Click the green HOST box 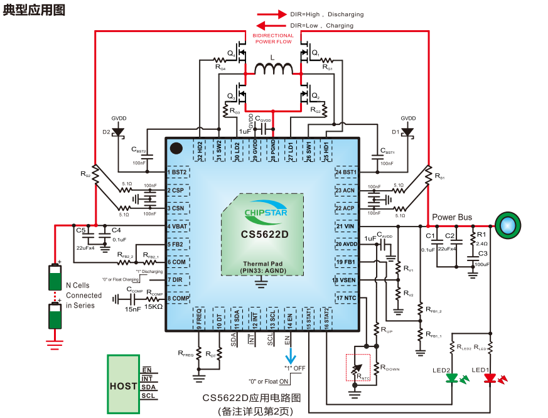click(123, 385)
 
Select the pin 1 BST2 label click(178, 172)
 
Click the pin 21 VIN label click(347, 226)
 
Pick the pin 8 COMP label click(178, 298)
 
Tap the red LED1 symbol click(491, 378)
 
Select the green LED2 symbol click(453, 378)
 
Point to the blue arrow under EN click(291, 357)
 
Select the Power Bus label click(452, 217)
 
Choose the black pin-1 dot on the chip click(176, 149)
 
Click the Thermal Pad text click(262, 264)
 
